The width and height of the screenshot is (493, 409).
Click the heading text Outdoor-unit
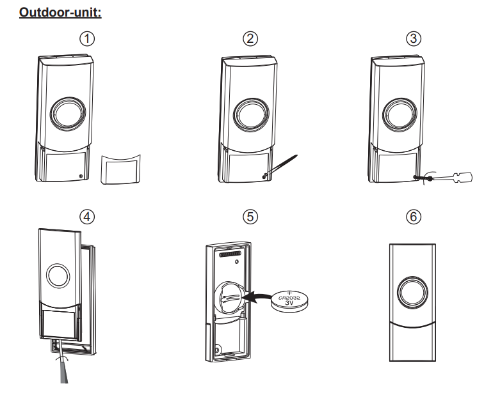pyautogui.click(x=61, y=12)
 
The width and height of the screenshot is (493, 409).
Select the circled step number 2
pyautogui.click(x=252, y=38)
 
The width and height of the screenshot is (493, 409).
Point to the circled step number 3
pyautogui.click(x=414, y=38)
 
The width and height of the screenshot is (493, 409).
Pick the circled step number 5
pyautogui.click(x=252, y=216)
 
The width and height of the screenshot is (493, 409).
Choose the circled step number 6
pyautogui.click(x=414, y=216)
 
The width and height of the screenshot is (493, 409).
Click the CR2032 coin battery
pyautogui.click(x=288, y=300)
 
